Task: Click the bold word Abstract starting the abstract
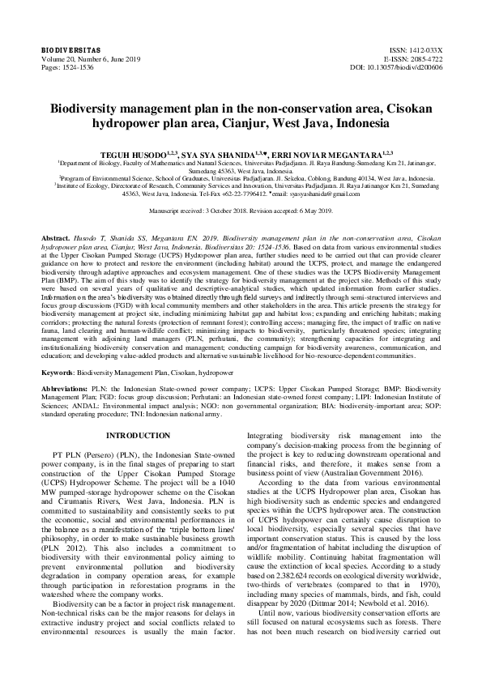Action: [x=56, y=230]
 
